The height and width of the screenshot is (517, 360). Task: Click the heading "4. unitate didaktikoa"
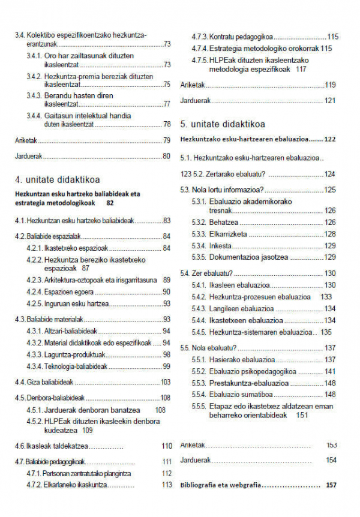pos(57,179)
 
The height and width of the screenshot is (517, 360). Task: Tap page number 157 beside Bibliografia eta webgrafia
pos(331,485)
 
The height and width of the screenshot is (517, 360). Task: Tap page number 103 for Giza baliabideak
pos(166,382)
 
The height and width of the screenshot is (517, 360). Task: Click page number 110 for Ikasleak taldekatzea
pos(166,446)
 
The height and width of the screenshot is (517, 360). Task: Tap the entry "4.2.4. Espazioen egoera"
pos(60,292)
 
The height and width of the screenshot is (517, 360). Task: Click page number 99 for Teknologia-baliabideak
pos(167,366)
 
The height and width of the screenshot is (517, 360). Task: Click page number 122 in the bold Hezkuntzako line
pos(329,139)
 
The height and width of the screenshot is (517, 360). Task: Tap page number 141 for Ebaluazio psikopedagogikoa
pos(330,371)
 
